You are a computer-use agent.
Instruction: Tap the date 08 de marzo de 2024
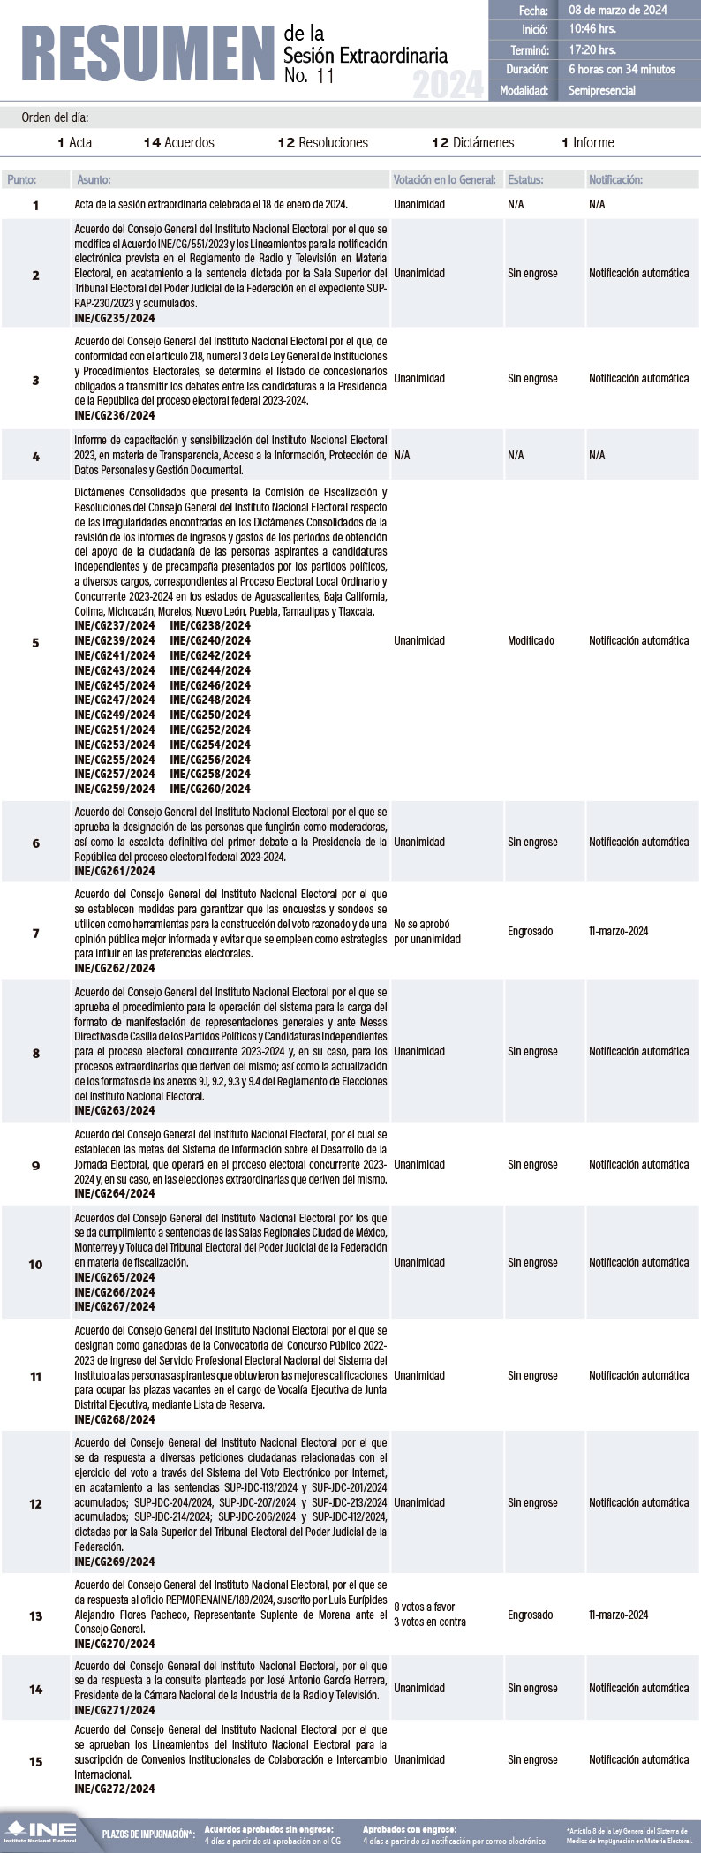618,11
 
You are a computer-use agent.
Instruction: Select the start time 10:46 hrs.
592,30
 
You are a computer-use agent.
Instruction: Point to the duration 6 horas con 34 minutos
622,69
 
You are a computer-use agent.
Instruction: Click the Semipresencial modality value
601,90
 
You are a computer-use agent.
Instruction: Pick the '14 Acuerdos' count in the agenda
179,142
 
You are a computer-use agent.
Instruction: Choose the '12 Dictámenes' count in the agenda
473,142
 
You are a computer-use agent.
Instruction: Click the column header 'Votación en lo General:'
444,179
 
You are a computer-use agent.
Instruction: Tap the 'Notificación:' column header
615,179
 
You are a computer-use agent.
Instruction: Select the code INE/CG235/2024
115,318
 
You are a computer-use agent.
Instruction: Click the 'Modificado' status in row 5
531,640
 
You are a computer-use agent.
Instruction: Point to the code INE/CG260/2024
210,789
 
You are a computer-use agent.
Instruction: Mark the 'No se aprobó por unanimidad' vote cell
427,932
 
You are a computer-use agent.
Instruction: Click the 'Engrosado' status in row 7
530,931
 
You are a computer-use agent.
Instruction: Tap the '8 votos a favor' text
425,1607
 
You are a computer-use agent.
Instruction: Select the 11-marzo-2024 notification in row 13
618,1615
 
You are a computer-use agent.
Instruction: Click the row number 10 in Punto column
35,1264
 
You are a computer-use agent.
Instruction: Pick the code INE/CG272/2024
115,1789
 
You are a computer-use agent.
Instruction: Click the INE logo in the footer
40,1832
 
